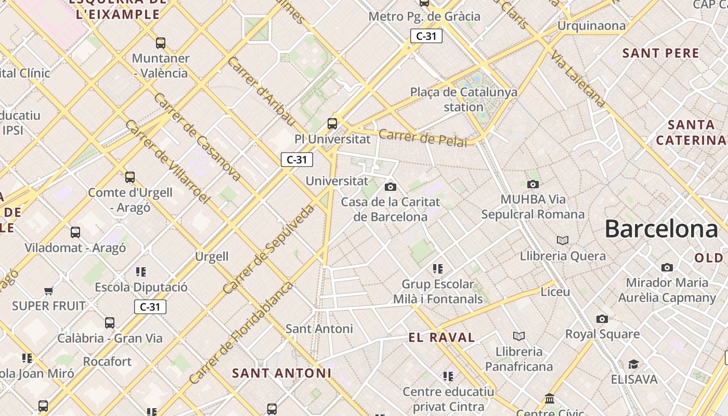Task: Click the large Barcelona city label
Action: pyautogui.click(x=661, y=229)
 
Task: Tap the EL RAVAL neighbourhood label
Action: pyautogui.click(x=441, y=337)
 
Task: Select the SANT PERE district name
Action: pyautogui.click(x=660, y=53)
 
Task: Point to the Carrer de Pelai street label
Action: pyautogui.click(x=422, y=138)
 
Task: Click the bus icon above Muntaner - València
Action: pyautogui.click(x=161, y=43)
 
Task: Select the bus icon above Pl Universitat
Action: pyautogui.click(x=332, y=124)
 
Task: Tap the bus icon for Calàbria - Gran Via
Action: pyautogui.click(x=110, y=323)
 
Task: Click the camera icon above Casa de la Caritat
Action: pyautogui.click(x=390, y=187)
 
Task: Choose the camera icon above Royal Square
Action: pyautogui.click(x=602, y=319)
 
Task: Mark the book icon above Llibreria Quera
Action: pyautogui.click(x=563, y=240)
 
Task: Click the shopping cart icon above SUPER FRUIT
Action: pyautogui.click(x=49, y=291)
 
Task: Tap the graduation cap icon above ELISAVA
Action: pyautogui.click(x=633, y=364)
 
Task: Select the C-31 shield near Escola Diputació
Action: pyautogui.click(x=150, y=307)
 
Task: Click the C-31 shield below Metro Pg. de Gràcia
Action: pyautogui.click(x=426, y=36)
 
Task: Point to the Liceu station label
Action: pyautogui.click(x=555, y=292)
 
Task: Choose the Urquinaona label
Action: pyautogui.click(x=591, y=25)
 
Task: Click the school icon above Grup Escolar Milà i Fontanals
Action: pyautogui.click(x=438, y=269)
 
